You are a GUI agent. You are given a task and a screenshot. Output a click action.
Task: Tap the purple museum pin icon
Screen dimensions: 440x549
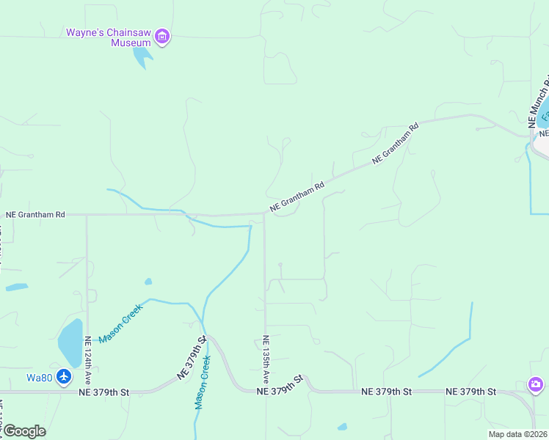tap(163, 36)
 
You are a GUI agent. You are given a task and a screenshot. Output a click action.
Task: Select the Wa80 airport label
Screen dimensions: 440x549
tap(39, 378)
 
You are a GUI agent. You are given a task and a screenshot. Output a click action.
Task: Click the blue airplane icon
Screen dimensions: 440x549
tap(64, 377)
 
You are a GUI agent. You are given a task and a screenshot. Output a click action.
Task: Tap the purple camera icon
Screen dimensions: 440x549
tap(536, 384)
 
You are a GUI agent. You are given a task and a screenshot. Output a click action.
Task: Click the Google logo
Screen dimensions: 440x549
tap(24, 430)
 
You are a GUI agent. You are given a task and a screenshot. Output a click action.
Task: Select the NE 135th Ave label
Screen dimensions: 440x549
tap(266, 359)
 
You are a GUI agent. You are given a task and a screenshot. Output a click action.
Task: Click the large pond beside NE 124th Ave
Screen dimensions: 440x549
tap(70, 342)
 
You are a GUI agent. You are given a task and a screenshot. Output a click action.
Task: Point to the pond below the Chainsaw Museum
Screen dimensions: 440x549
tap(143, 57)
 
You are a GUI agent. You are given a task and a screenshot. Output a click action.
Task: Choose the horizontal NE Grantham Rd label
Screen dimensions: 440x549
tap(35, 215)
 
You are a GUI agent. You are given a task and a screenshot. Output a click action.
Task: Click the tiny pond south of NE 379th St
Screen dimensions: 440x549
tap(342, 426)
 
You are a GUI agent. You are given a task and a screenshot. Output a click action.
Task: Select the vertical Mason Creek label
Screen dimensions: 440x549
tap(203, 381)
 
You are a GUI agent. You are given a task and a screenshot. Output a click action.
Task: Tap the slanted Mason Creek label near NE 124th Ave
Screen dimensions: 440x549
tap(120, 323)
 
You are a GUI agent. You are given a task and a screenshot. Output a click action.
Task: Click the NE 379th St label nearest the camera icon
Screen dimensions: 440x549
tap(470, 392)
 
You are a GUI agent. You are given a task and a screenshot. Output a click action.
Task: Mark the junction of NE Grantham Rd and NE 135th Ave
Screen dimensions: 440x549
tap(264, 214)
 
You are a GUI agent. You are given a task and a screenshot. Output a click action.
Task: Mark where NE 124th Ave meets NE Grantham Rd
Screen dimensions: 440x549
tap(87, 215)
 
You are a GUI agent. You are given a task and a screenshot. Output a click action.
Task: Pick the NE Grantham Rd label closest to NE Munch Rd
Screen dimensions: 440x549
tap(395, 142)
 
